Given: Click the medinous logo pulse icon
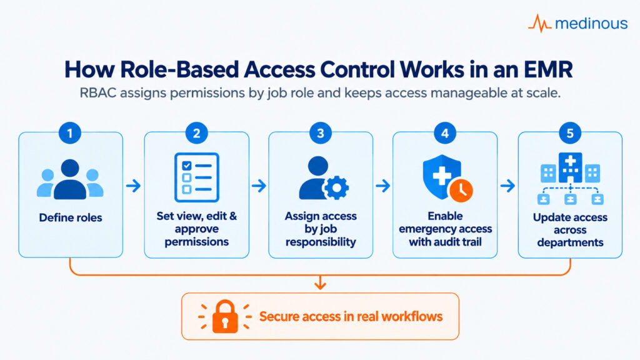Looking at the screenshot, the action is tap(539, 23).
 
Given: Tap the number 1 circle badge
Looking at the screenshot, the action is tap(70, 133).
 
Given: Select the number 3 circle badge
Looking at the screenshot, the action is tap(321, 133).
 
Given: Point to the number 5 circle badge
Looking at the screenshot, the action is tap(570, 133).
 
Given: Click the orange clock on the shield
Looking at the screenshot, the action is tap(461, 190).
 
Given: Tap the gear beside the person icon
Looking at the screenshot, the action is tap(336, 187).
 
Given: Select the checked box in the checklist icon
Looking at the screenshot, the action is tap(186, 166).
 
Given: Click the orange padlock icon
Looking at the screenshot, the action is tap(225, 316).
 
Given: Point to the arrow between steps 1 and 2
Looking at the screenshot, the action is tap(134, 186).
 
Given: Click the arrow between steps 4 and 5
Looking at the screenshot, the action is tap(507, 186).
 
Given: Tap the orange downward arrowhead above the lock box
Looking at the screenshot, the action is tap(321, 284).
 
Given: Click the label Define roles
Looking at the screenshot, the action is tap(71, 217).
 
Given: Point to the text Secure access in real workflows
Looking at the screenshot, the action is tap(351, 317).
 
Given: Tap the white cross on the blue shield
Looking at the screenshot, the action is tap(442, 176).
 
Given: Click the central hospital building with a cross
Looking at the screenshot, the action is tap(570, 167).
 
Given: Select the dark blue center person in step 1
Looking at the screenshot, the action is tap(70, 179).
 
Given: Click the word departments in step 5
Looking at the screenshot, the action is tap(570, 242).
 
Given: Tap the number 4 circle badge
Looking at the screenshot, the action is tap(445, 133).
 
